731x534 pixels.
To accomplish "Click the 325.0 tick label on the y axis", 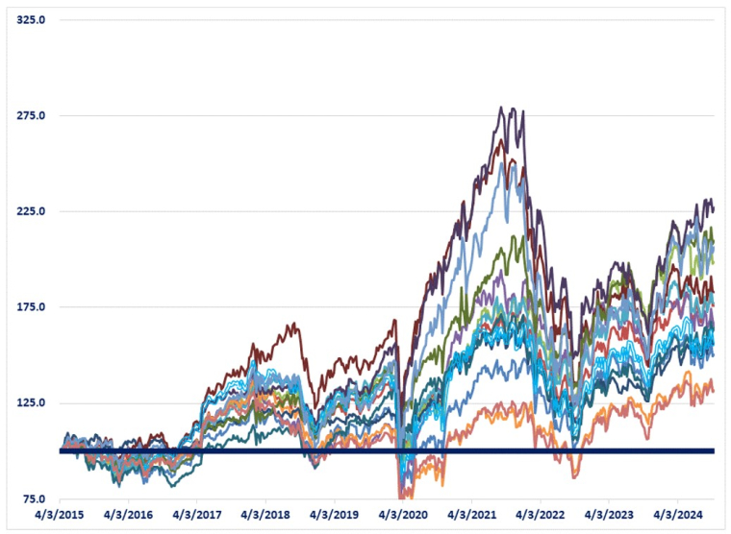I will coord(33,20).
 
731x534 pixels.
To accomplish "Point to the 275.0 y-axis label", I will coord(33,116).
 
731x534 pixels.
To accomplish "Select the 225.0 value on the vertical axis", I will coord(33,211).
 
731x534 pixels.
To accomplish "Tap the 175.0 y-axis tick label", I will coord(33,307).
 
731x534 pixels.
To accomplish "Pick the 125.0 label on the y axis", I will coord(33,402).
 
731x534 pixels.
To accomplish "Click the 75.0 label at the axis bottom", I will coord(36,498).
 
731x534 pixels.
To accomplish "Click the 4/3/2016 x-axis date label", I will coord(128,516).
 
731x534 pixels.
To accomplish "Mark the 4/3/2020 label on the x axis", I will coord(403,516).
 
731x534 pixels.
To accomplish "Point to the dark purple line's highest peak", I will coord(502,109).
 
